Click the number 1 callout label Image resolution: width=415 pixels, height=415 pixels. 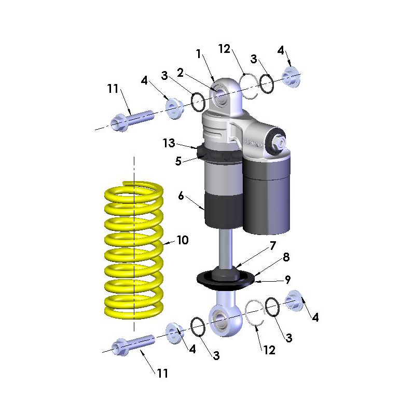[x=198, y=53]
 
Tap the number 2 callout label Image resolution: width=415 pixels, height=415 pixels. [x=181, y=72]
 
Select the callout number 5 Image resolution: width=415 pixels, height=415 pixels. [x=178, y=161]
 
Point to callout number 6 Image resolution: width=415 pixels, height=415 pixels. [x=181, y=196]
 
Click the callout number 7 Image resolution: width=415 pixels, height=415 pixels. [x=272, y=245]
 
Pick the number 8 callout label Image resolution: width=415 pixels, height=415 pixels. [x=286, y=257]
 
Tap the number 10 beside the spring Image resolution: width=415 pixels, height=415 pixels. [x=182, y=241]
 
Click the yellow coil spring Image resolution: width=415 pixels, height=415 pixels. [x=132, y=249]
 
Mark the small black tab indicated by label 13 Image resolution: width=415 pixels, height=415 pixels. [x=201, y=151]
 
